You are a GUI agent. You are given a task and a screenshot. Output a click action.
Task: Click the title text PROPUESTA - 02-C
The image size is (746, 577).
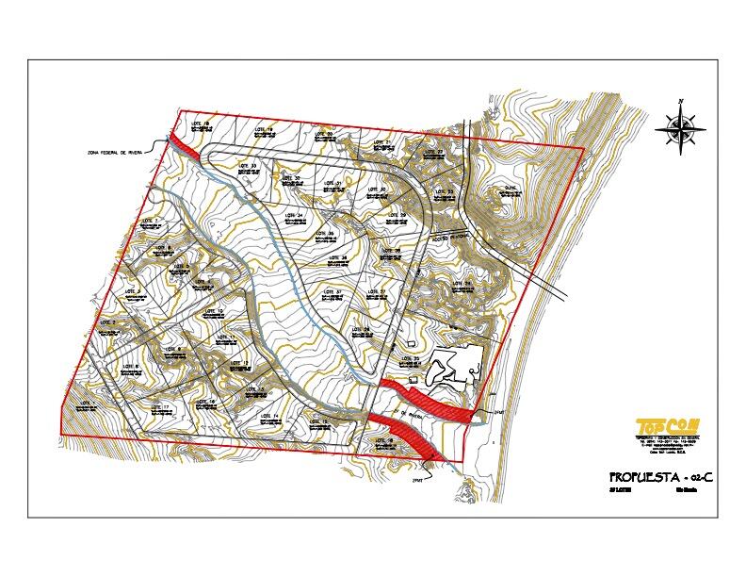(x=661, y=476)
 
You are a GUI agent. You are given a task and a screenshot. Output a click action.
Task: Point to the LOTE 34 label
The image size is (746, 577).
(x=292, y=216)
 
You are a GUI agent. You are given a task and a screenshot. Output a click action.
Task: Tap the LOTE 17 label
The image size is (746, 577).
(x=159, y=406)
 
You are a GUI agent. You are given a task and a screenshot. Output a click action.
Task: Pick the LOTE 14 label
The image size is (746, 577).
(x=268, y=415)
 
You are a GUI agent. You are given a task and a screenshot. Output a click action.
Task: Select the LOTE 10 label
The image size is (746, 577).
(x=213, y=311)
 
